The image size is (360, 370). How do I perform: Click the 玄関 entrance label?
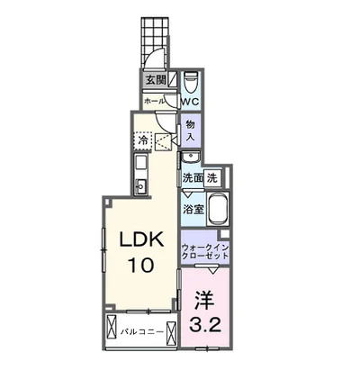pyautogui.click(x=156, y=79)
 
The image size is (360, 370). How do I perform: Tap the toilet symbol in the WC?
pyautogui.click(x=191, y=82)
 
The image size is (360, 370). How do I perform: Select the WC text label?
pyautogui.click(x=190, y=102)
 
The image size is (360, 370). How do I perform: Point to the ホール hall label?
pyautogui.click(x=154, y=101)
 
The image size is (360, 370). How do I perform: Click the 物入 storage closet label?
pyautogui.click(x=191, y=131)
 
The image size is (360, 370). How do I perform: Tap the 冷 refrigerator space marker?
pyautogui.click(x=144, y=140)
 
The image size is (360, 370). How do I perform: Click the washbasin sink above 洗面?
pyautogui.click(x=191, y=157)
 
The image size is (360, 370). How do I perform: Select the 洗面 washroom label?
pyautogui.click(x=193, y=178)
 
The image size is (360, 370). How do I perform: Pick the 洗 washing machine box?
pyautogui.click(x=212, y=178)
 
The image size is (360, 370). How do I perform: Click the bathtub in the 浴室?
pyautogui.click(x=218, y=209)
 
